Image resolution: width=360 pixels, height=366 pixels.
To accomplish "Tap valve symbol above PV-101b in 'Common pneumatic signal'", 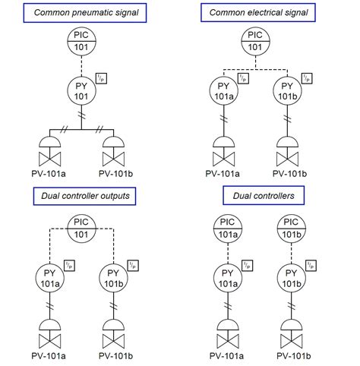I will (x=114, y=153).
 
